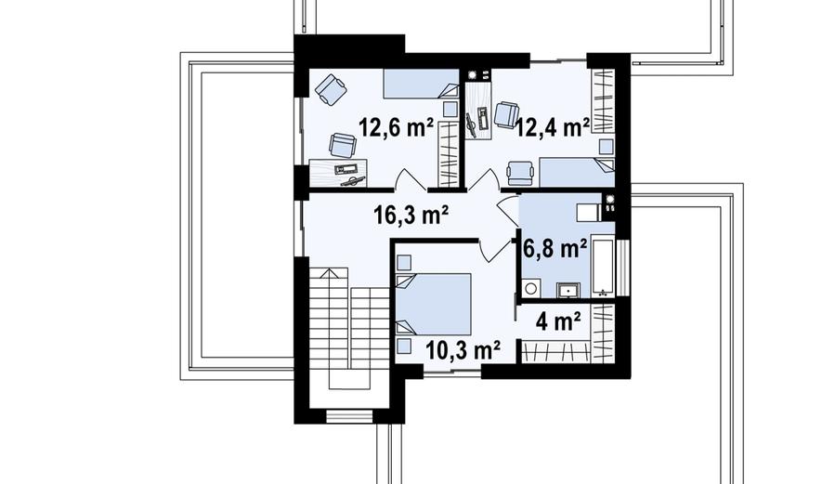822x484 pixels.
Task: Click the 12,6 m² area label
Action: (x=396, y=127)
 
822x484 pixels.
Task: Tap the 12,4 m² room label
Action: (x=553, y=127)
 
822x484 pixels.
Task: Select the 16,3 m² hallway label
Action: (x=411, y=215)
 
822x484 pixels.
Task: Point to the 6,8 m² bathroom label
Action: (x=555, y=249)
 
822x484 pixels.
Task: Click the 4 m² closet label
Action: (x=558, y=321)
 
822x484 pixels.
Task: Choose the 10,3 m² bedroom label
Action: (x=463, y=350)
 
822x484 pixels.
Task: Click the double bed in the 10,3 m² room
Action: (x=434, y=305)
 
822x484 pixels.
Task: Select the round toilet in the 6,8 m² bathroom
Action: (x=530, y=288)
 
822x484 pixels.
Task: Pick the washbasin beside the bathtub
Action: (x=568, y=290)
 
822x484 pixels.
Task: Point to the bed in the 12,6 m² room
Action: (x=421, y=84)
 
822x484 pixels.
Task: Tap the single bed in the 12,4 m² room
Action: (x=577, y=172)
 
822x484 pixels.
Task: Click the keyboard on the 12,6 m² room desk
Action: (x=346, y=169)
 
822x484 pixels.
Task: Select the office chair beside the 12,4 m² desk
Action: (x=507, y=114)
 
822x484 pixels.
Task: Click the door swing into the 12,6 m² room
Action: (x=411, y=178)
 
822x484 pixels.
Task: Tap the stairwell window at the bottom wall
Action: (x=349, y=416)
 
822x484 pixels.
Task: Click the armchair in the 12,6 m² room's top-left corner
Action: (x=332, y=89)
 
